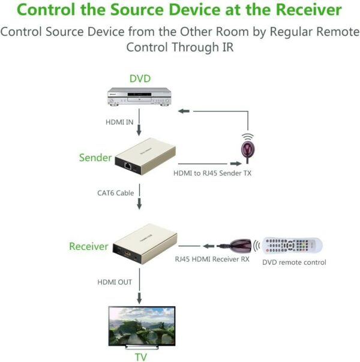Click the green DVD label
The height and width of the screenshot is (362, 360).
point(140,79)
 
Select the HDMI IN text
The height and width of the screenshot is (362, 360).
point(119,123)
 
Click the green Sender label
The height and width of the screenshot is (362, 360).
point(95,158)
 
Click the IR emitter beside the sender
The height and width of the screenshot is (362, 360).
point(245,148)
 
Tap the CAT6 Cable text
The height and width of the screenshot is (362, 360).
point(115,192)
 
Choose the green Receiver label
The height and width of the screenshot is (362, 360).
point(88,246)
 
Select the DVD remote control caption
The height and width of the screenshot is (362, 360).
point(294,263)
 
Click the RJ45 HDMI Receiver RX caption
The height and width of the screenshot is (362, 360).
point(212,260)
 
